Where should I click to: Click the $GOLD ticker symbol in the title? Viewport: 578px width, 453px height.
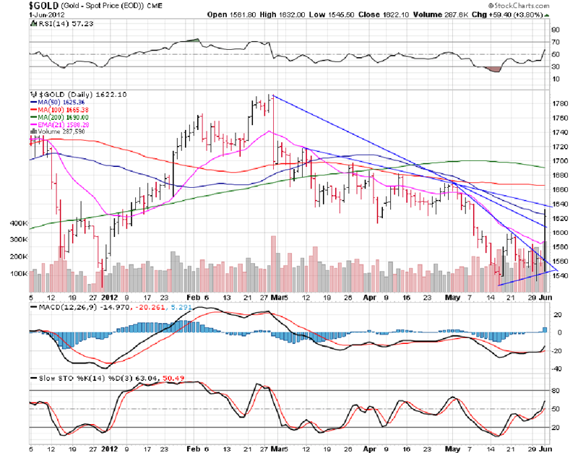[x=16, y=5]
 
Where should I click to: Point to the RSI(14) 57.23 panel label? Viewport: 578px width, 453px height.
[x=59, y=24]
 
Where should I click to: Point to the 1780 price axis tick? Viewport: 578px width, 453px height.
[x=558, y=103]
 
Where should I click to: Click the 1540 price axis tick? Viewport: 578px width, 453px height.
[x=558, y=275]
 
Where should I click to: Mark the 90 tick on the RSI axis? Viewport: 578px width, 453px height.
[x=555, y=30]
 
